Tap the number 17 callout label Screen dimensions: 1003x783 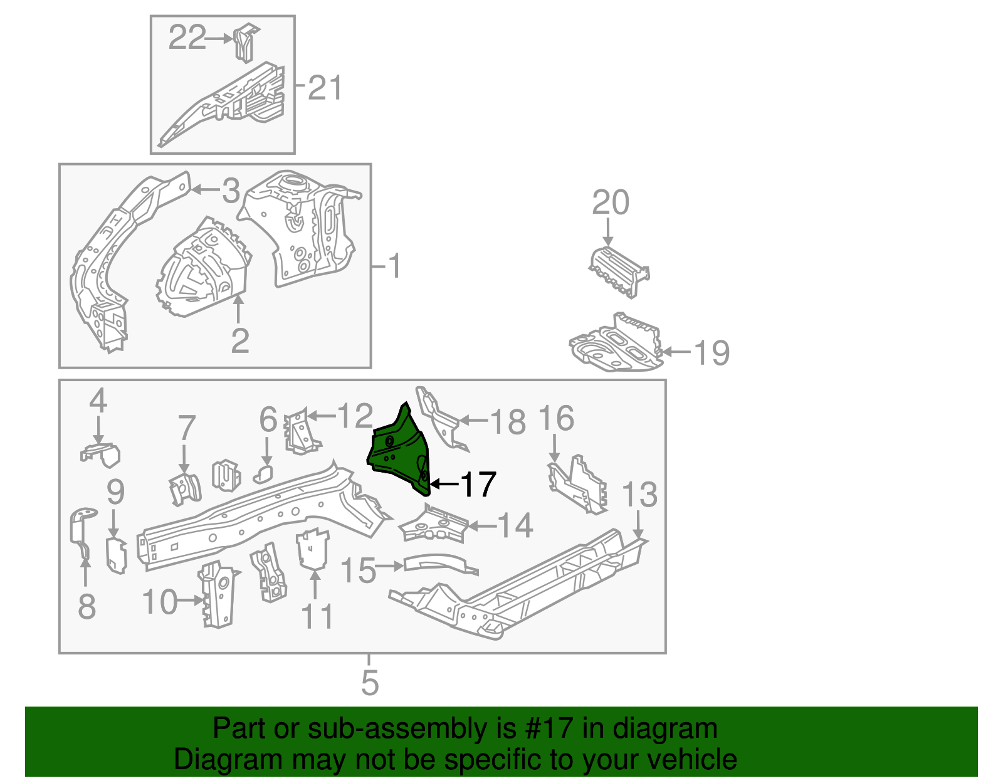[x=478, y=485]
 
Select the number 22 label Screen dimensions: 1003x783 [x=187, y=38]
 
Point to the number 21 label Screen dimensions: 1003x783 [x=325, y=88]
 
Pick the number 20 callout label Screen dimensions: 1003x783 [x=610, y=203]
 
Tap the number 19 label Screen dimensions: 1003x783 [x=712, y=352]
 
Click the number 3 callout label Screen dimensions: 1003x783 [x=231, y=191]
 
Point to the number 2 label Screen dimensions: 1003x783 [x=240, y=341]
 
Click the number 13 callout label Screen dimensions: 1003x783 [x=639, y=495]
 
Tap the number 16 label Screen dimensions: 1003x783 [x=556, y=419]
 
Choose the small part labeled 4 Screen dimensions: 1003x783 [x=101, y=454]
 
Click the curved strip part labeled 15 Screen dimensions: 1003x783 [x=439, y=562]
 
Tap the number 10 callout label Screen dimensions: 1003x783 [x=160, y=602]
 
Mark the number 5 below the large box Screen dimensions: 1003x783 [x=370, y=682]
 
